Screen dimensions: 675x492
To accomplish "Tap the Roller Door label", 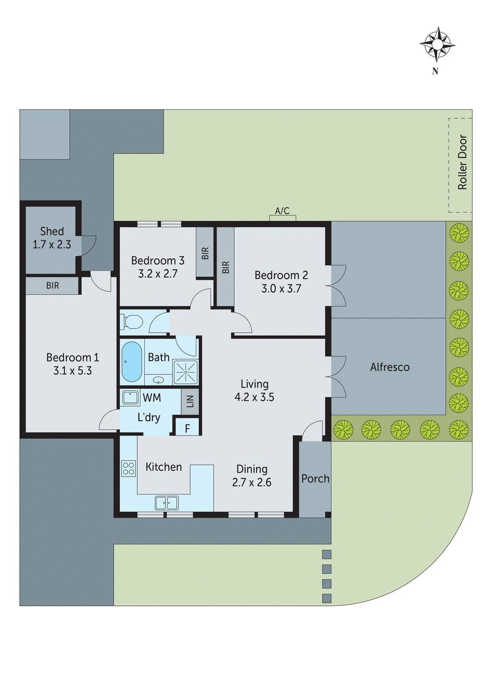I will [x=462, y=162].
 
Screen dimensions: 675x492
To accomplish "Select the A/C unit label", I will [x=282, y=211].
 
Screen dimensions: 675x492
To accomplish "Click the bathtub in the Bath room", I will [x=132, y=362].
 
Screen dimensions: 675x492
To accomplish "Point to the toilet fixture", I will [x=132, y=322].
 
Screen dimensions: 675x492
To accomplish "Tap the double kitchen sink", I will [x=167, y=503].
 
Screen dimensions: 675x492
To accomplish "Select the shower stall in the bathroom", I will [x=186, y=372].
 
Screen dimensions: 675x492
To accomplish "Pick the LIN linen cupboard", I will [x=190, y=401].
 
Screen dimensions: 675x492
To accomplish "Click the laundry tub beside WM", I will [x=130, y=398].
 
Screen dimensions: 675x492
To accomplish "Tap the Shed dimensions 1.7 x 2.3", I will [x=52, y=244].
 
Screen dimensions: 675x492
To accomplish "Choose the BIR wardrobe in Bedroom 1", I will [x=53, y=286].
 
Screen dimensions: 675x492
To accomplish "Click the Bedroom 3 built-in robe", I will [x=205, y=253].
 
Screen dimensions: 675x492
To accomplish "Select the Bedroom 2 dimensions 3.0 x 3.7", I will [x=281, y=289].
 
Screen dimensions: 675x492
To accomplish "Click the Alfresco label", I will [x=389, y=367].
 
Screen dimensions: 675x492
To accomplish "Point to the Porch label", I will [x=315, y=478].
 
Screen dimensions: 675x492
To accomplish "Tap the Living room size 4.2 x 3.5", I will [x=254, y=397].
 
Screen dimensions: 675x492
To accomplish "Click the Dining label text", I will [x=252, y=469].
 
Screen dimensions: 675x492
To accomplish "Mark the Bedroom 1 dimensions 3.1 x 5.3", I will [x=73, y=371].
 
